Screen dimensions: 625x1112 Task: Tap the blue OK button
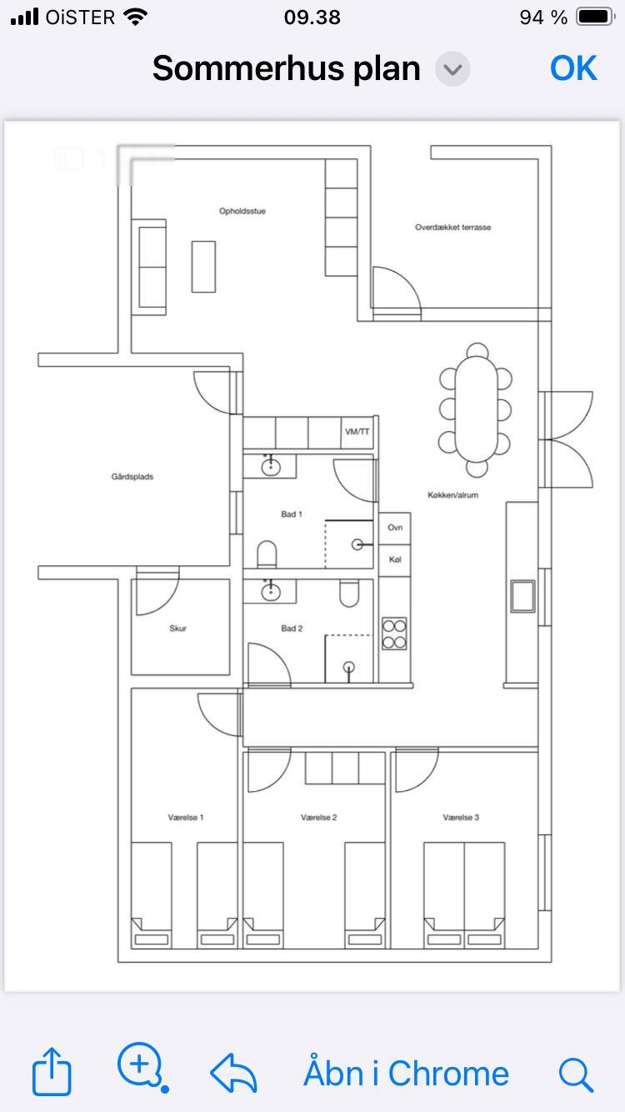(573, 68)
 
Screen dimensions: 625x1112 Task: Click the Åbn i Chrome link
(406, 1073)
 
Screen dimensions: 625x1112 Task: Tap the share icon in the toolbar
(52, 1071)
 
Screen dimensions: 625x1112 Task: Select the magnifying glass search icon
(576, 1074)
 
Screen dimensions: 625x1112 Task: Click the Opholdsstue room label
(242, 211)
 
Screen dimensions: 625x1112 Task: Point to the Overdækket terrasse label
(452, 228)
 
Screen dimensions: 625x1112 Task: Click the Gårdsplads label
(132, 477)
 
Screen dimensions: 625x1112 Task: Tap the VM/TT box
(357, 432)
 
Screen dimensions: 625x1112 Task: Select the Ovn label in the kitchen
(395, 527)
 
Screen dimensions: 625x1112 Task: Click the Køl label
(395, 559)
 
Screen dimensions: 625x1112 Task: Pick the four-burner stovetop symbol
(395, 634)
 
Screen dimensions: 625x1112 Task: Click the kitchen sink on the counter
(522, 596)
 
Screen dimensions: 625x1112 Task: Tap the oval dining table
(476, 408)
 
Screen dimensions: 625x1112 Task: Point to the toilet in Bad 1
(267, 554)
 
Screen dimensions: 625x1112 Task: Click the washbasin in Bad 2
(271, 592)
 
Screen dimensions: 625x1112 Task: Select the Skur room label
(177, 629)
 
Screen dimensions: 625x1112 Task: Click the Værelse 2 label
(318, 817)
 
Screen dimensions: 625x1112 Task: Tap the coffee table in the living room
(203, 267)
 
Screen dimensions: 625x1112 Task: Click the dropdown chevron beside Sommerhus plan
(452, 69)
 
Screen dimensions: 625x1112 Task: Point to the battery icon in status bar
(595, 18)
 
